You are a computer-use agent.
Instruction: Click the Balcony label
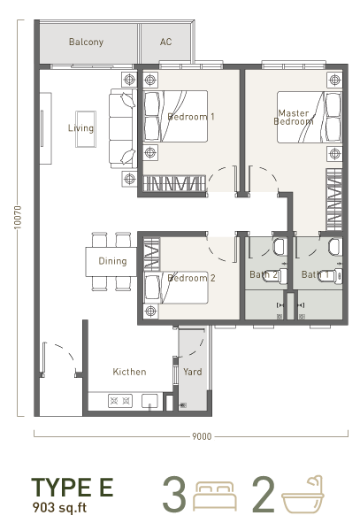(86, 42)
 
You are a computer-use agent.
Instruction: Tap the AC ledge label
(165, 42)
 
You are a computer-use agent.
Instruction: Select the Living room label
(80, 128)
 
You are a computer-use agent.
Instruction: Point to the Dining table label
(112, 261)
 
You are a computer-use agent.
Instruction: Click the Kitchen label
(129, 372)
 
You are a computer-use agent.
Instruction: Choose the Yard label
(193, 372)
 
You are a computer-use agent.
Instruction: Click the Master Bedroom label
(294, 117)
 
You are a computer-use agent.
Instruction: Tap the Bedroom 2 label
(191, 278)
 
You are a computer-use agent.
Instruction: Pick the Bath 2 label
(264, 274)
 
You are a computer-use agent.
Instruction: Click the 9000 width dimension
(202, 436)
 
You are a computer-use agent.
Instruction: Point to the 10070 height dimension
(18, 217)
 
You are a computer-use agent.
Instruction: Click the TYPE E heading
(72, 487)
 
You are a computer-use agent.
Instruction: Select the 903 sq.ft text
(59, 507)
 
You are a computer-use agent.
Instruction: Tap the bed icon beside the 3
(215, 496)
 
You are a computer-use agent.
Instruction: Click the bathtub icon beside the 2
(303, 495)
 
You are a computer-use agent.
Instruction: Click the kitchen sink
(149, 401)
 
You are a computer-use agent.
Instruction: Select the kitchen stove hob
(120, 401)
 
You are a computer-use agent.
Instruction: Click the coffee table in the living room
(86, 129)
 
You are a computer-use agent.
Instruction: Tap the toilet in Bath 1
(336, 276)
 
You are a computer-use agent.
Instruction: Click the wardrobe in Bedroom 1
(174, 183)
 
